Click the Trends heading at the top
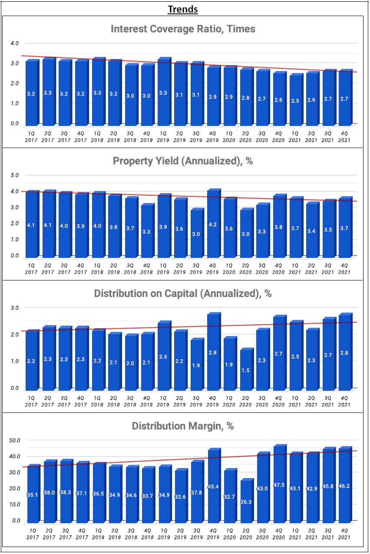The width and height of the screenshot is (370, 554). click(x=183, y=9)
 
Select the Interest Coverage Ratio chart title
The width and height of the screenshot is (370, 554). click(x=183, y=29)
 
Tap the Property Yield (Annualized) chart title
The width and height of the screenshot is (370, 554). click(x=183, y=161)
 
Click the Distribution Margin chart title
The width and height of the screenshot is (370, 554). click(x=183, y=426)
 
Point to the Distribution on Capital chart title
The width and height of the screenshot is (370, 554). click(x=183, y=293)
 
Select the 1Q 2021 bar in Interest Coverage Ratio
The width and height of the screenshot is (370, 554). click(x=295, y=100)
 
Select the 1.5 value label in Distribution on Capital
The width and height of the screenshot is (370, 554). click(x=246, y=370)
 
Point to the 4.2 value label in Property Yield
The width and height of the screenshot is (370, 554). click(x=213, y=225)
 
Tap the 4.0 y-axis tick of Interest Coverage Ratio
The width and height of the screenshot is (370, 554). click(x=15, y=43)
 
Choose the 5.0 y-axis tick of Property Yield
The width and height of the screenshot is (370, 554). click(x=15, y=175)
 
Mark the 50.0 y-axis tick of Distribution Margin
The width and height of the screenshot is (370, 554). click(x=15, y=440)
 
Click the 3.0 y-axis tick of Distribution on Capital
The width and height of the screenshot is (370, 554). click(x=15, y=308)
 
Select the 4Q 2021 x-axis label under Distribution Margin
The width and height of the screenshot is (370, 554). click(x=344, y=534)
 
